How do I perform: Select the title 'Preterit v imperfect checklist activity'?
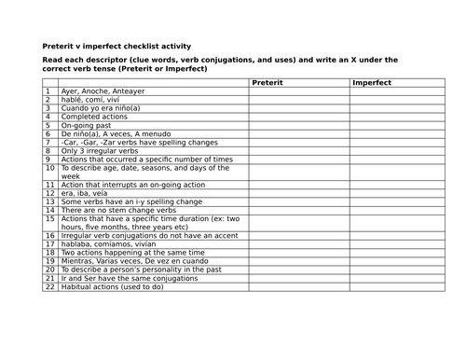click(116, 46)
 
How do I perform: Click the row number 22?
click(49, 287)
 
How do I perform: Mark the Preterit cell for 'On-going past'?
click(298, 125)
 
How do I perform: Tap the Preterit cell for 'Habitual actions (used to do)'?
click(298, 287)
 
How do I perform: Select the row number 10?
click(49, 168)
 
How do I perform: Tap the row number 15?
click(49, 218)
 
